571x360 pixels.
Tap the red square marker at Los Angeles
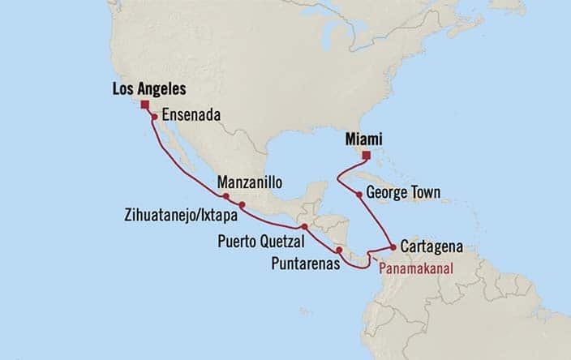tap(144, 105)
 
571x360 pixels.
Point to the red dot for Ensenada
tap(154, 117)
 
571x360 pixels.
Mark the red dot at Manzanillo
tap(225, 195)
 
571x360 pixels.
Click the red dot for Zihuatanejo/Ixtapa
tap(242, 204)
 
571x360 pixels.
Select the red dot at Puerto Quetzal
tap(303, 227)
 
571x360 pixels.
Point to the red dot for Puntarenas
tap(338, 251)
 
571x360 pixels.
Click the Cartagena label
tap(433, 246)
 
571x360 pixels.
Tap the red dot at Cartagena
tap(393, 247)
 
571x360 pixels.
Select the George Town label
tap(403, 194)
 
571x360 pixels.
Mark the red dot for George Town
tap(358, 194)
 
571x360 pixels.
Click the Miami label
tap(367, 139)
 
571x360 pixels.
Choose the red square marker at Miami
tap(366, 155)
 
